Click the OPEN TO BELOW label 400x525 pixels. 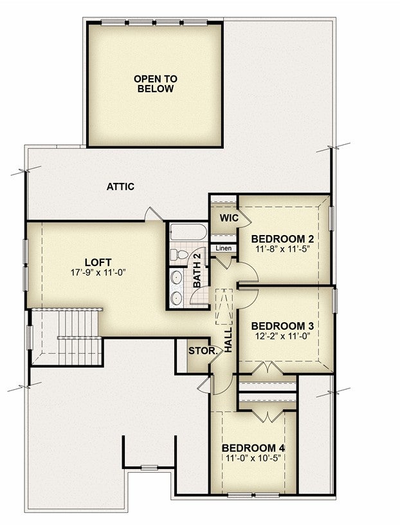156,84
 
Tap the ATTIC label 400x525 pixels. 120,187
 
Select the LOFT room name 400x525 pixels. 98,262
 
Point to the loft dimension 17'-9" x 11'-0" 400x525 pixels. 98,272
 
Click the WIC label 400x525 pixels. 229,218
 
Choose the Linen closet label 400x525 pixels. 223,249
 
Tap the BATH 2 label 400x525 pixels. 197,270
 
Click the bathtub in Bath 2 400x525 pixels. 188,232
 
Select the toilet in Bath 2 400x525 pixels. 179,255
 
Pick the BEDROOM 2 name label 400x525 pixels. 282,239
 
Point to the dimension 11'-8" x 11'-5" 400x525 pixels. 283,249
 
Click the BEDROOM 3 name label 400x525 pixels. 282,326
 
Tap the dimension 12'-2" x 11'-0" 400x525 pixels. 283,336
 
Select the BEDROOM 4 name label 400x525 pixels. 253,448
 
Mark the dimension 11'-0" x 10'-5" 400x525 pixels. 253,458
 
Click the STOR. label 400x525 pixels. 203,351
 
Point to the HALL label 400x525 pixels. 228,340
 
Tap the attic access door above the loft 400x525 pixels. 153,215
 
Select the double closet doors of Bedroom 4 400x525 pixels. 268,416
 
